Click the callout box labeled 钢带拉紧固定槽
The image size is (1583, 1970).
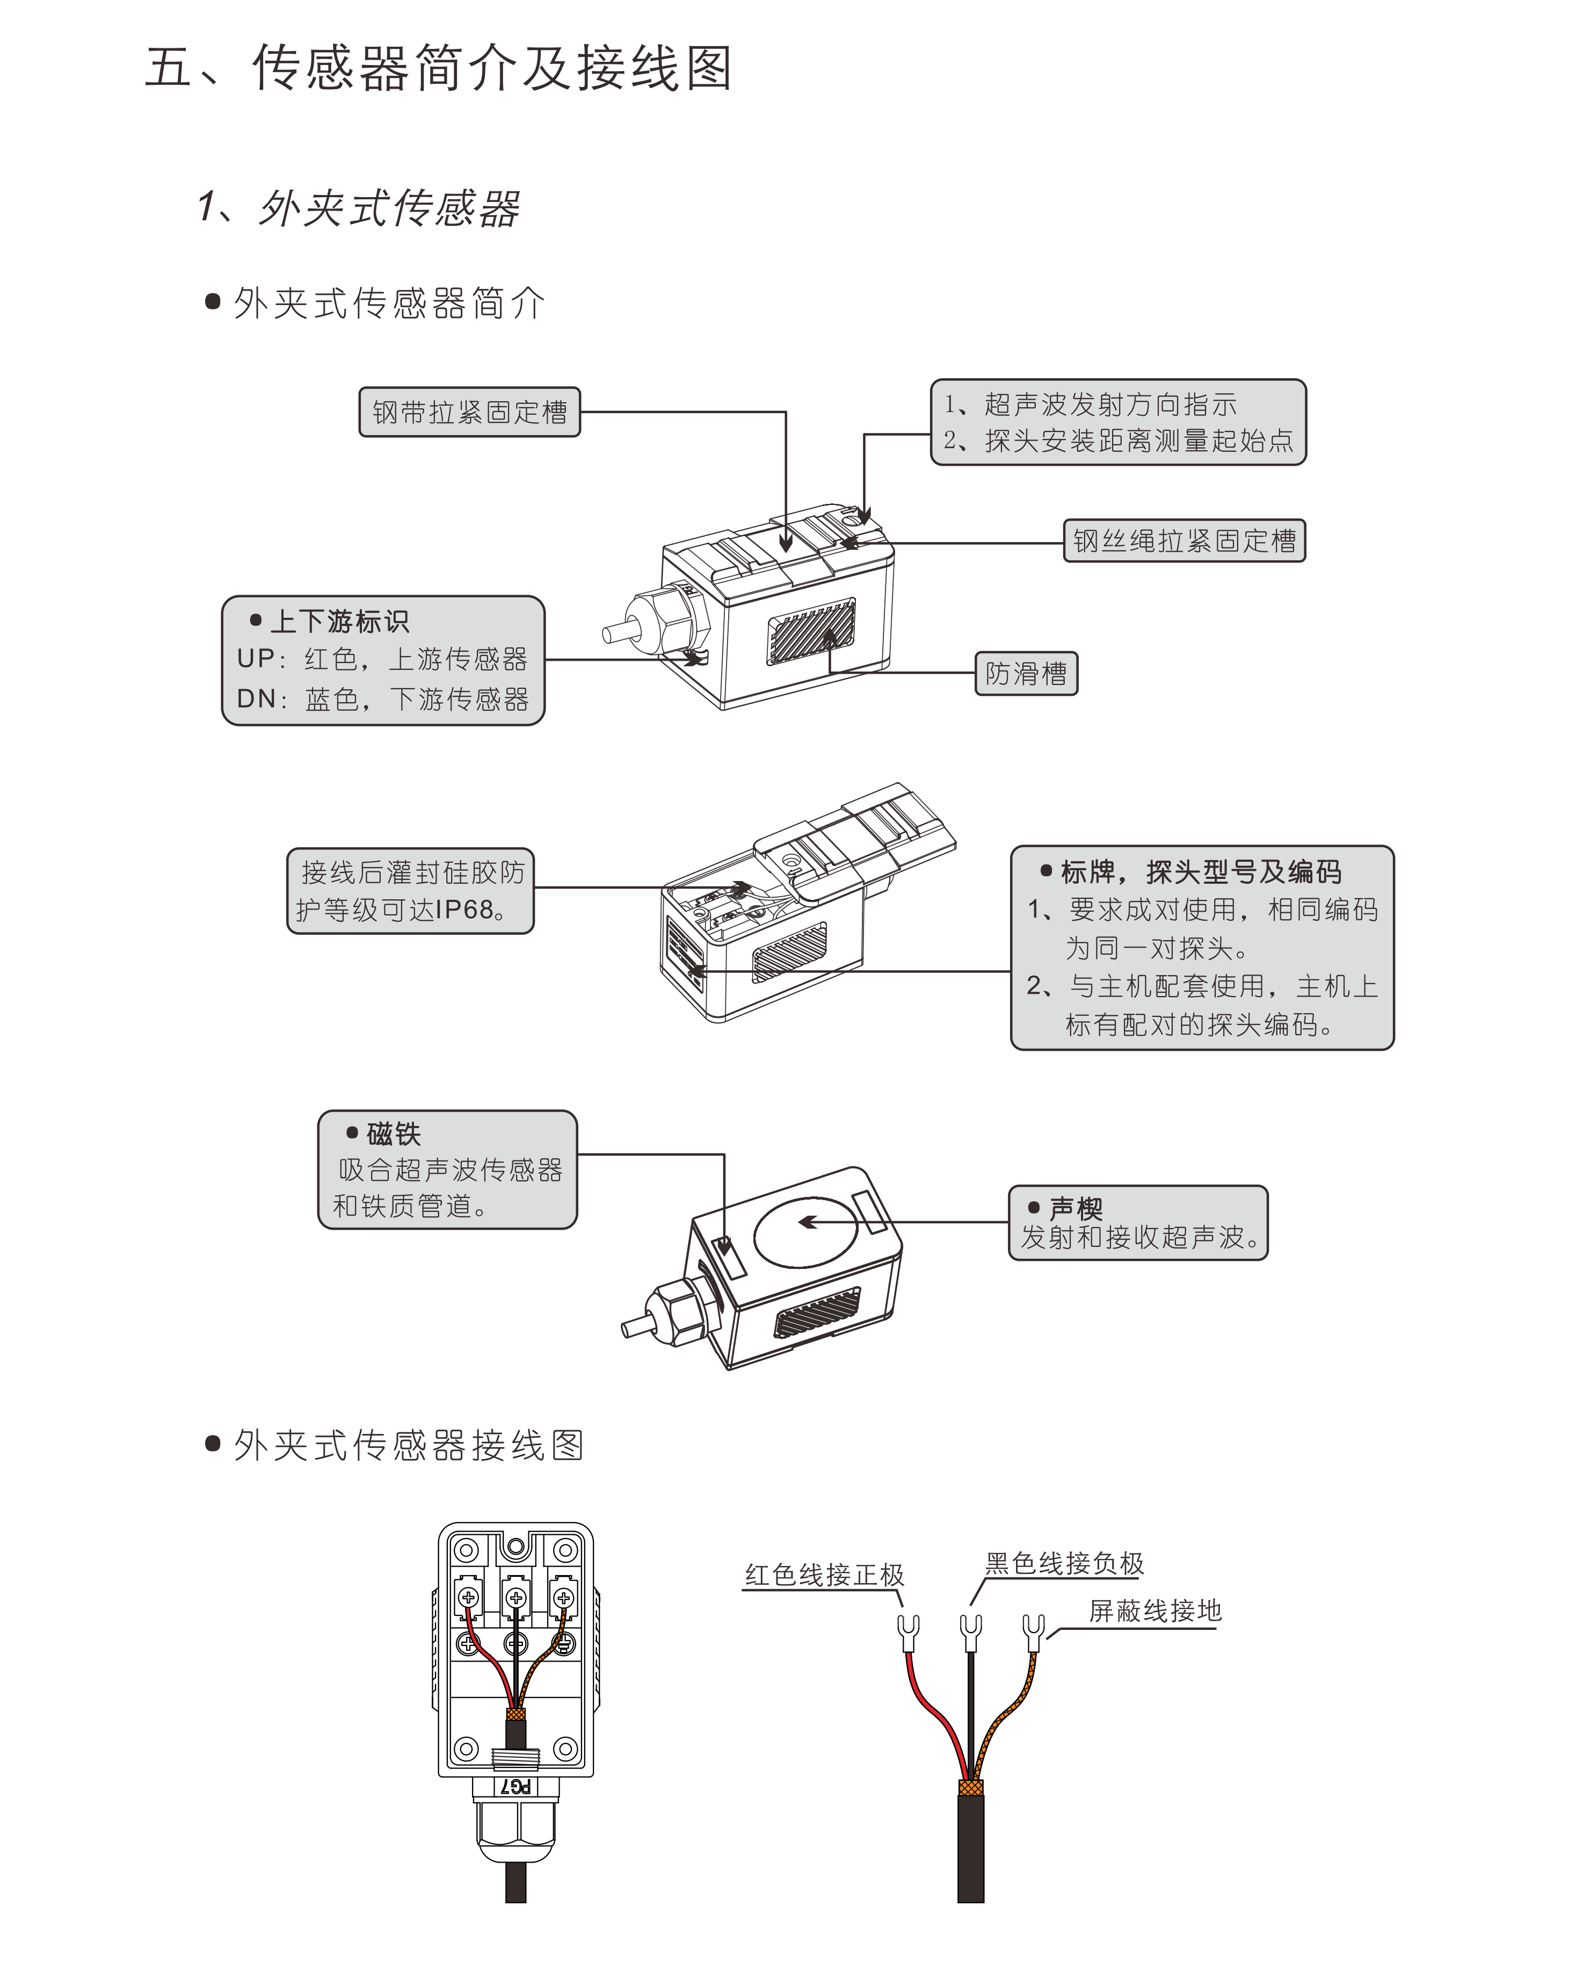pos(469,412)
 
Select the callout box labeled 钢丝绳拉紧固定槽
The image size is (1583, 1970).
pos(1184,541)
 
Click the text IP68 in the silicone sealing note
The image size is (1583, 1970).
pos(464,910)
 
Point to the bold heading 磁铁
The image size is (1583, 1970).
pos(393,1134)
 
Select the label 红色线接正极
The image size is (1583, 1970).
pos(824,1575)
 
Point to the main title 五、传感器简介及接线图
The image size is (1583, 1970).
pos(439,69)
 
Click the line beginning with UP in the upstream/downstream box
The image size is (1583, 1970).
pos(382,659)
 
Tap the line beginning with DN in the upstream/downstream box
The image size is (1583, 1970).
pos(382,699)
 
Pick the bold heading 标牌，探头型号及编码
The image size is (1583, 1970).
pos(1200,872)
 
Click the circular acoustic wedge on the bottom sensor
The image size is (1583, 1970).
pos(805,1232)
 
